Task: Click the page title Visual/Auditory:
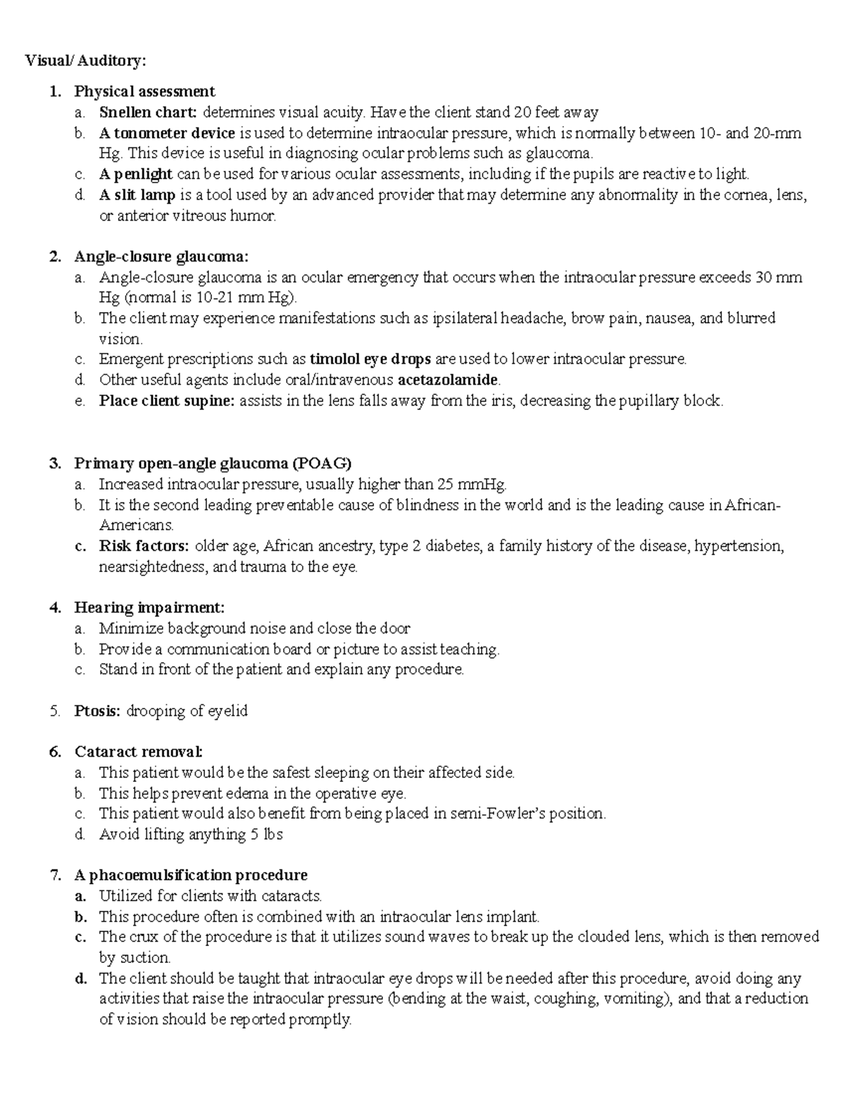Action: click(x=86, y=61)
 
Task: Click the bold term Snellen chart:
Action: click(x=149, y=112)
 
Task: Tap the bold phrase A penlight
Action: click(x=136, y=174)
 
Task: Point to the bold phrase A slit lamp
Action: click(x=137, y=195)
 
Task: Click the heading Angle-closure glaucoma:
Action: click(x=161, y=256)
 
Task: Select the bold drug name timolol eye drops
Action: click(x=370, y=359)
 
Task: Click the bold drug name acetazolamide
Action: click(x=448, y=380)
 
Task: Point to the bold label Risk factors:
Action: click(x=144, y=546)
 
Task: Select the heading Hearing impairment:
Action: click(x=149, y=607)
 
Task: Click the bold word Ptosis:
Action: click(x=98, y=711)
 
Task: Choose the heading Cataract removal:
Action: click(x=138, y=752)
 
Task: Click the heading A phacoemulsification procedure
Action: click(x=191, y=876)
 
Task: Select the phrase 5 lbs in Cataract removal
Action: click(x=267, y=835)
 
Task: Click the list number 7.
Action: click(x=55, y=876)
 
